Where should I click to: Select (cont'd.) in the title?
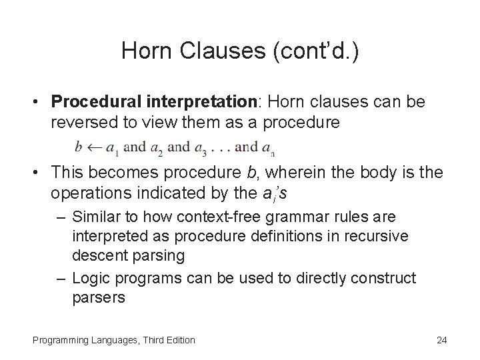(x=313, y=51)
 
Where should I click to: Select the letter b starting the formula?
(x=79, y=146)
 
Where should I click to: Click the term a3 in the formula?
(x=201, y=147)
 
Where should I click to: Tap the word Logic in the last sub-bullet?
(x=90, y=277)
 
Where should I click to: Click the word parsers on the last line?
(x=98, y=297)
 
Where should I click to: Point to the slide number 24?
(x=441, y=340)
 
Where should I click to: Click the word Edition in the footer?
(x=178, y=340)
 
